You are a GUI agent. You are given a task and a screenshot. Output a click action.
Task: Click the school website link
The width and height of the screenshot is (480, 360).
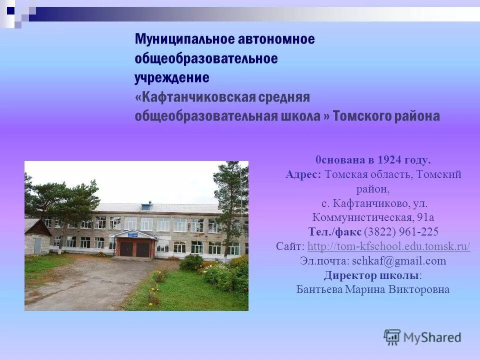click(x=388, y=246)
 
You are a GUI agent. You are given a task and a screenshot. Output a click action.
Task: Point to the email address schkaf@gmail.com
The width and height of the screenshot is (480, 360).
click(x=398, y=260)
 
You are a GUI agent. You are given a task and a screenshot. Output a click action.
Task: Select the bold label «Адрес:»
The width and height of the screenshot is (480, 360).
click(x=303, y=174)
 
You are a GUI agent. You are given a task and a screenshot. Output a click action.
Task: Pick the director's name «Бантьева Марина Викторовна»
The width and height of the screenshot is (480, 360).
click(x=372, y=289)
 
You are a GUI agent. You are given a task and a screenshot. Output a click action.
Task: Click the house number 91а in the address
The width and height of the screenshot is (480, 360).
click(x=425, y=217)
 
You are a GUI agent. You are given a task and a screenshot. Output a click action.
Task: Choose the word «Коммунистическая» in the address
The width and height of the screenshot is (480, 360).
click(x=362, y=217)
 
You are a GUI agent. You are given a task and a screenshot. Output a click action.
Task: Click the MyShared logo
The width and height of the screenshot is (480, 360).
click(x=422, y=337)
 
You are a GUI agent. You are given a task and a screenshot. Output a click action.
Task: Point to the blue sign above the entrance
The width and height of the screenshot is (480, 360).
click(x=134, y=233)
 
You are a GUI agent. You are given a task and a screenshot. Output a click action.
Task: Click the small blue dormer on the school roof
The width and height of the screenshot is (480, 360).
click(x=146, y=205)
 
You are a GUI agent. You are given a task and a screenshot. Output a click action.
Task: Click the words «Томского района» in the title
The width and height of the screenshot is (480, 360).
click(x=386, y=116)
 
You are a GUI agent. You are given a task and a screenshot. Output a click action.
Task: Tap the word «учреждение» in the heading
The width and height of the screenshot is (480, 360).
click(x=171, y=78)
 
